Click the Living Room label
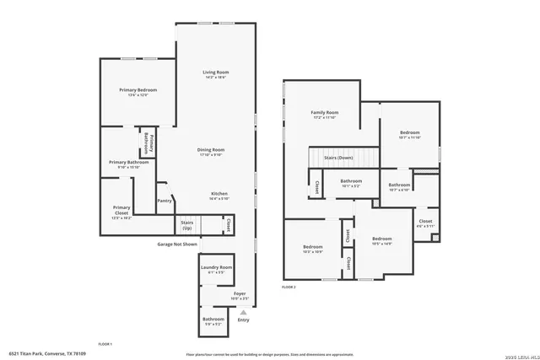(x=216, y=73)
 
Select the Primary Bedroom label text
(x=138, y=89)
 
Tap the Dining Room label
(x=210, y=149)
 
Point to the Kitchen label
(x=219, y=193)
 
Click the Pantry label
(x=165, y=201)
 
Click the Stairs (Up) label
(x=186, y=225)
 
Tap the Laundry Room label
(x=216, y=267)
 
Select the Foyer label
(x=240, y=293)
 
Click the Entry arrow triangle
(x=244, y=312)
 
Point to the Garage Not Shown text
(x=177, y=244)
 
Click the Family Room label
(x=324, y=112)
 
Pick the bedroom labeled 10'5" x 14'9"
(x=382, y=239)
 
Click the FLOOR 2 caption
(x=289, y=287)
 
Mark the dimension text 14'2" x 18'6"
(x=216, y=78)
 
